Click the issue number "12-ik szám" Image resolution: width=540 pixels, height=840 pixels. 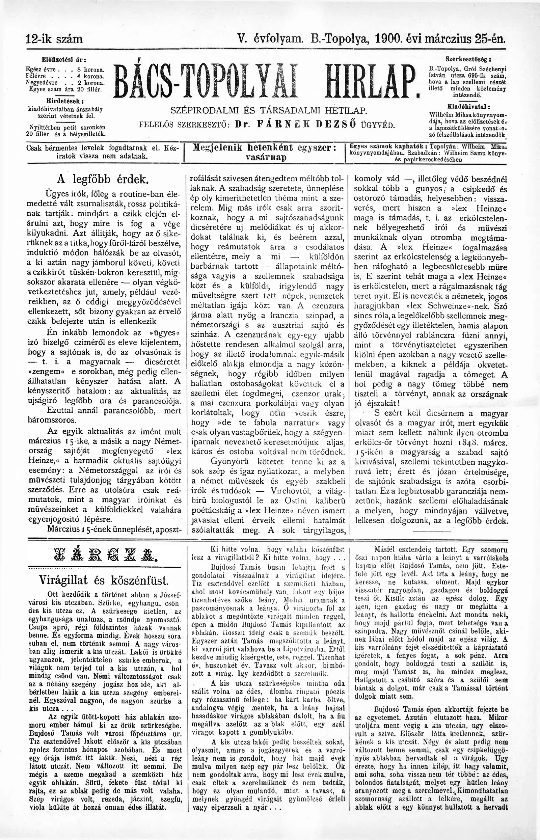[54, 38]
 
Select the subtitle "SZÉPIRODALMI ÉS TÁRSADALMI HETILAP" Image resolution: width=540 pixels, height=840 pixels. [269, 110]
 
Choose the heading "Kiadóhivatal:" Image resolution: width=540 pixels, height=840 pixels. [468, 107]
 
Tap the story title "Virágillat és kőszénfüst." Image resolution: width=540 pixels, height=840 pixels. [104, 580]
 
